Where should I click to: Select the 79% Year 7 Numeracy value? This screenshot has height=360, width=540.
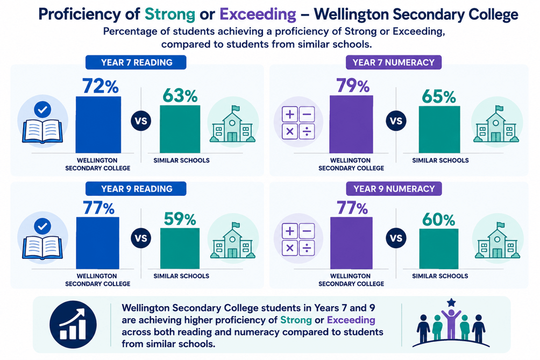coord(353,86)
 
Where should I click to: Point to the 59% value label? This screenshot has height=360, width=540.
coord(180,219)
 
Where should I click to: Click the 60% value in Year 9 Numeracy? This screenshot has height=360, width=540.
coord(438,220)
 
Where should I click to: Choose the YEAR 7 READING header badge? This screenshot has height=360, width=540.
coord(136,62)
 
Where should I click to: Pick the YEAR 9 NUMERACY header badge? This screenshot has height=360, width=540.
coord(394,189)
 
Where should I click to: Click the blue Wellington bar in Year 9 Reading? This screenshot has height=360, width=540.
coord(98,243)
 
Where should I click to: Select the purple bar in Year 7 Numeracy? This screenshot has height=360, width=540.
coord(351,124)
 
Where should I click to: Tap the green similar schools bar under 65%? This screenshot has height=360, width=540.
coord(439,130)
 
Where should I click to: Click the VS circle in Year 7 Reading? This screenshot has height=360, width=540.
coord(141,121)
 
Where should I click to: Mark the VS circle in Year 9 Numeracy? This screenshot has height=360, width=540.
coord(396,238)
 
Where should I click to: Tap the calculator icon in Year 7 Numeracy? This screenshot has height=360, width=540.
coord(299,123)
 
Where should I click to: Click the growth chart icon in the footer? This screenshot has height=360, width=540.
coord(73,324)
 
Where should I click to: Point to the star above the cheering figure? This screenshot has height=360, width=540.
coord(451,303)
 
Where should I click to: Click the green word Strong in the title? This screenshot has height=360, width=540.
coord(170,15)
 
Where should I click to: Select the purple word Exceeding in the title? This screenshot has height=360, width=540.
coord(258,15)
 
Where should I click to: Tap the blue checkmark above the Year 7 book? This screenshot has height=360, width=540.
coord(42,110)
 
